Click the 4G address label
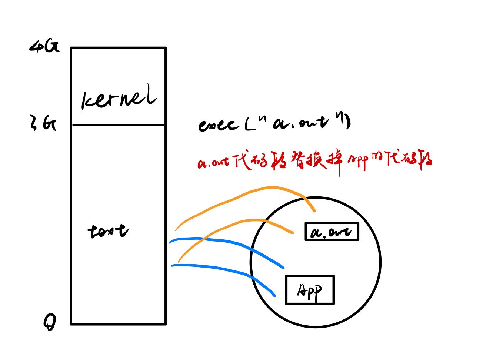coord(44,47)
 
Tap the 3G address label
coord(43,123)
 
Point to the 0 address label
coord(50,322)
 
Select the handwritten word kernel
coord(119,97)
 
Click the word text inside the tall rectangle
coord(108,231)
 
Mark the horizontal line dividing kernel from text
coord(119,125)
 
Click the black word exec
coord(218,125)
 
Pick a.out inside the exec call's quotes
coord(300,123)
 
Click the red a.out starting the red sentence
coord(213,162)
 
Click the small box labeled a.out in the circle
coord(332,232)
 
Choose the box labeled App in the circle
coord(310,290)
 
